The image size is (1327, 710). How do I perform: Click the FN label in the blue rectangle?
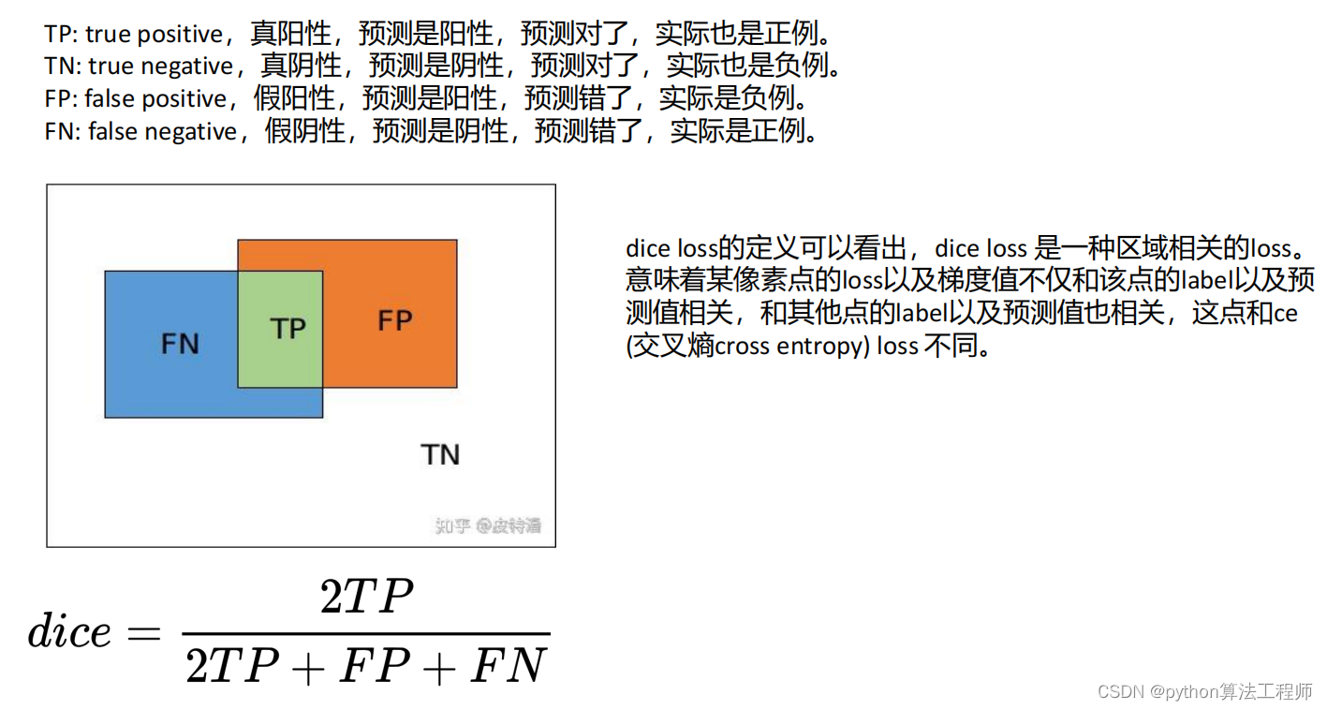click(180, 344)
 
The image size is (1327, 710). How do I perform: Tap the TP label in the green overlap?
click(288, 329)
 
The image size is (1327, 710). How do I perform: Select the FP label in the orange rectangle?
click(394, 321)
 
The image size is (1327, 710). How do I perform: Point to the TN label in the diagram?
click(440, 455)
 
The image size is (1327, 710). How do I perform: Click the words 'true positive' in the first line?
click(154, 35)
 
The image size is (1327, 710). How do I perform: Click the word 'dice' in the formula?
click(69, 633)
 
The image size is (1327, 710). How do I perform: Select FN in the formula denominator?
click(508, 667)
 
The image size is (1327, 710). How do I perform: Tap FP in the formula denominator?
click(374, 667)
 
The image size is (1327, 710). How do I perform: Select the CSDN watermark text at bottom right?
click(1205, 691)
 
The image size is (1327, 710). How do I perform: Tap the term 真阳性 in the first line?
click(291, 35)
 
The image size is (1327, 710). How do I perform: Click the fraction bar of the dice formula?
click(366, 635)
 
